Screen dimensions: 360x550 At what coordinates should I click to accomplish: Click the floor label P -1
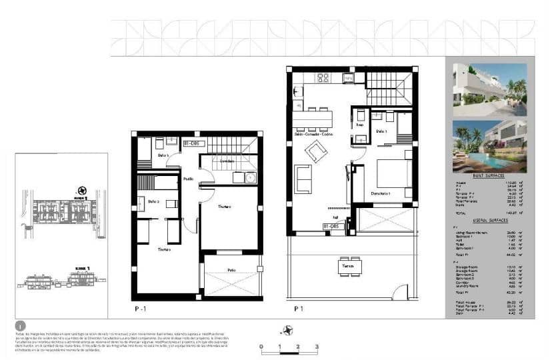[140, 309]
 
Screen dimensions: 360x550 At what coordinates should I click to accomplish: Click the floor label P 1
[299, 309]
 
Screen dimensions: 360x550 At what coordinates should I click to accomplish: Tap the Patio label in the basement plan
[231, 270]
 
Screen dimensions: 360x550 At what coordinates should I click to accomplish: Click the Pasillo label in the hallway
[189, 179]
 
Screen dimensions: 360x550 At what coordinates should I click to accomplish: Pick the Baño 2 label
[153, 201]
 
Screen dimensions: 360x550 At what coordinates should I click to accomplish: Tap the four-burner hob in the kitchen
[323, 78]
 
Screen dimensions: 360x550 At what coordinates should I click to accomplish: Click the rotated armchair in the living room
[316, 152]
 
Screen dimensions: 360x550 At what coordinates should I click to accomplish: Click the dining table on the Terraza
[345, 265]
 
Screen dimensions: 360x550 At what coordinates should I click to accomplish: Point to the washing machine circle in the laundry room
[250, 177]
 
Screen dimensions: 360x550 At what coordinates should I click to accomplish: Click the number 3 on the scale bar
[317, 347]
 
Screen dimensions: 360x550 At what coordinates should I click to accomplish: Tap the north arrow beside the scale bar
[289, 329]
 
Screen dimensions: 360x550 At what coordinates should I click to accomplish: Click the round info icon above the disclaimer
[20, 326]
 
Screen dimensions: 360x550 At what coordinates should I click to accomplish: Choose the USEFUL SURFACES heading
[490, 220]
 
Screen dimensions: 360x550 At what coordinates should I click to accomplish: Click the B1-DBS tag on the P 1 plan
[331, 226]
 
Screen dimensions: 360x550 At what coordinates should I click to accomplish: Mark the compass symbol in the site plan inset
[82, 190]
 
